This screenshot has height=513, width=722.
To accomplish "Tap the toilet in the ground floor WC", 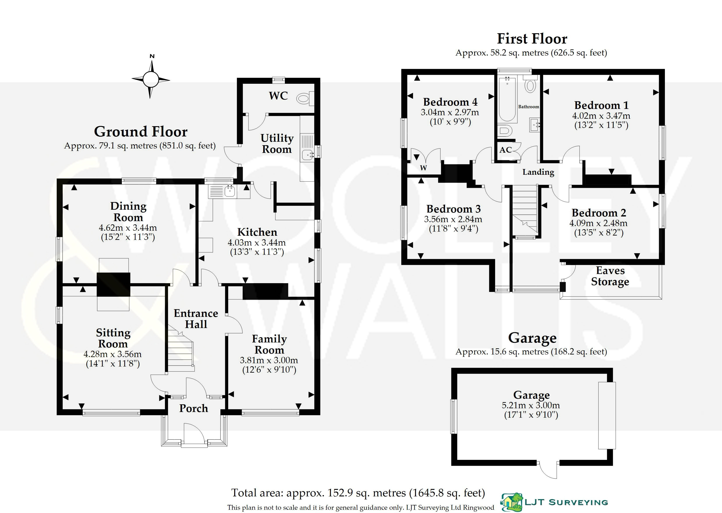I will [304, 99].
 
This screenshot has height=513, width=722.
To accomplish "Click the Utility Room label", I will [277, 143].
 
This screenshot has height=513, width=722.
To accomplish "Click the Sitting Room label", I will [113, 338].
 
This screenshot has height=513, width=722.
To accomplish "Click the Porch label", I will [194, 408].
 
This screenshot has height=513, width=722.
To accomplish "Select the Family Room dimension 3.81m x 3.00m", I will [269, 360].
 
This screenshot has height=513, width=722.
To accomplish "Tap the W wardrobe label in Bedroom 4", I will [423, 168].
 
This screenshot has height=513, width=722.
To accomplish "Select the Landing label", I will [538, 172].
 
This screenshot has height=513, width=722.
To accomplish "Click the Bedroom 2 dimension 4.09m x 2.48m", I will [598, 223].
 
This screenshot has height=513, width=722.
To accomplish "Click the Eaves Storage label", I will [610, 276].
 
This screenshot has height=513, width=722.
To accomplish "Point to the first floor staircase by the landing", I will [524, 210].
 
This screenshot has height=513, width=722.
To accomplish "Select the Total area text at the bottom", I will [358, 493].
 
